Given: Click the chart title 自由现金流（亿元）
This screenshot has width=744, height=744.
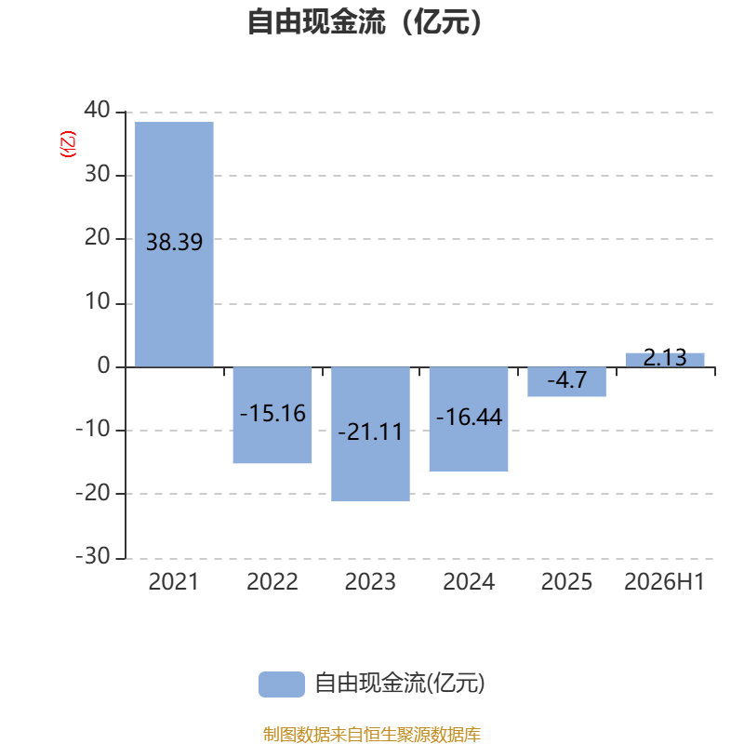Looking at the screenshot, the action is click(x=365, y=21).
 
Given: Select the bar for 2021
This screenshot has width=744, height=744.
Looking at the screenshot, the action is click(x=174, y=245).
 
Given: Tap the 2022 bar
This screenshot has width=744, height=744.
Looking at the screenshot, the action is click(x=272, y=415).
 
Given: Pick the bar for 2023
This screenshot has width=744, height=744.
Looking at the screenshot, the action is click(x=370, y=434).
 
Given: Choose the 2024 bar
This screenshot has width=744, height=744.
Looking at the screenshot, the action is click(x=469, y=419).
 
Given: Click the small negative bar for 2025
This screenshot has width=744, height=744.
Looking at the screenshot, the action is click(x=567, y=382).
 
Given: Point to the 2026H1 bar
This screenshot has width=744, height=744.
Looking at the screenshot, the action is click(x=665, y=360).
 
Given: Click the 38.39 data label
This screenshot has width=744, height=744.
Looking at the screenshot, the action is click(x=174, y=242).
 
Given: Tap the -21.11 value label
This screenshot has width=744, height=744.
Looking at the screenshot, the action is click(x=370, y=432).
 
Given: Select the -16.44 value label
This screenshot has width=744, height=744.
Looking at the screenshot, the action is click(x=469, y=417).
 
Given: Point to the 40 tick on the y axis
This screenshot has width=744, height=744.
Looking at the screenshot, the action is click(x=98, y=110).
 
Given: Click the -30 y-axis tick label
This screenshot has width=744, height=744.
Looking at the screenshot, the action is click(x=93, y=555).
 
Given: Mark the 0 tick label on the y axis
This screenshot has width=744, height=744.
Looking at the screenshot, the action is click(x=104, y=365).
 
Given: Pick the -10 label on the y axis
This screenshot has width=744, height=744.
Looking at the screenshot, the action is click(x=93, y=429).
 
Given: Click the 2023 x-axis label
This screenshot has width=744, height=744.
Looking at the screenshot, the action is click(x=370, y=582).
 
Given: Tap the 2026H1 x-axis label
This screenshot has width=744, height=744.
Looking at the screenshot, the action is click(x=664, y=582).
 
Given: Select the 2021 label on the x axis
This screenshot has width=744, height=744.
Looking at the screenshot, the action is click(x=174, y=582).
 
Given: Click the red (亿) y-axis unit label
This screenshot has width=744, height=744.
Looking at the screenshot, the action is click(x=67, y=144).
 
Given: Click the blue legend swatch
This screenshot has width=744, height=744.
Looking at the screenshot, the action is click(x=282, y=684).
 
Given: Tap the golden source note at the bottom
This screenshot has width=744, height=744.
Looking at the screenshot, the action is click(x=371, y=734).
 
